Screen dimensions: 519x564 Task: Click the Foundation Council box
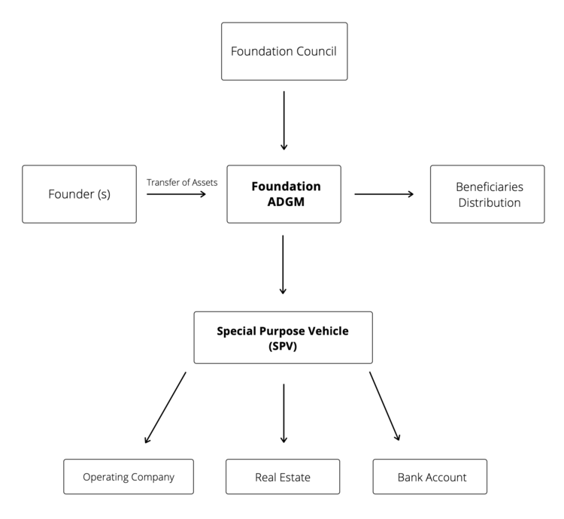284,51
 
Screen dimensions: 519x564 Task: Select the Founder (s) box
79,194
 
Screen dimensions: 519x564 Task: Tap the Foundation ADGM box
284,194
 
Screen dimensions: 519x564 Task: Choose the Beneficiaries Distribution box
487,194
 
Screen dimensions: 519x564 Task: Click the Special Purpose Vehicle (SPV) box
283,338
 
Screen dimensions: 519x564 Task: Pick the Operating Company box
129,477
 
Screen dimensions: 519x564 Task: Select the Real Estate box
283,477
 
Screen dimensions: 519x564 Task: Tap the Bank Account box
430,477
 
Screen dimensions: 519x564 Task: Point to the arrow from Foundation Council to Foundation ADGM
284,120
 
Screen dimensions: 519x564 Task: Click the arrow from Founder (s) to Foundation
176,194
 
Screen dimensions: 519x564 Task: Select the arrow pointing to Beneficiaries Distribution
384,194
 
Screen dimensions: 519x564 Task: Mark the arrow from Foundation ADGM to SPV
284,264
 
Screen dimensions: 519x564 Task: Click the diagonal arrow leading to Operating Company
165,407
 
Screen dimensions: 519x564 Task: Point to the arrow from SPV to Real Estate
284,413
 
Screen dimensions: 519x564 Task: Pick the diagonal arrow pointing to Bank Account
384,406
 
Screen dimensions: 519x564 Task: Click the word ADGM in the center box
285,202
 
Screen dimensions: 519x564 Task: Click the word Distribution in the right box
489,202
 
